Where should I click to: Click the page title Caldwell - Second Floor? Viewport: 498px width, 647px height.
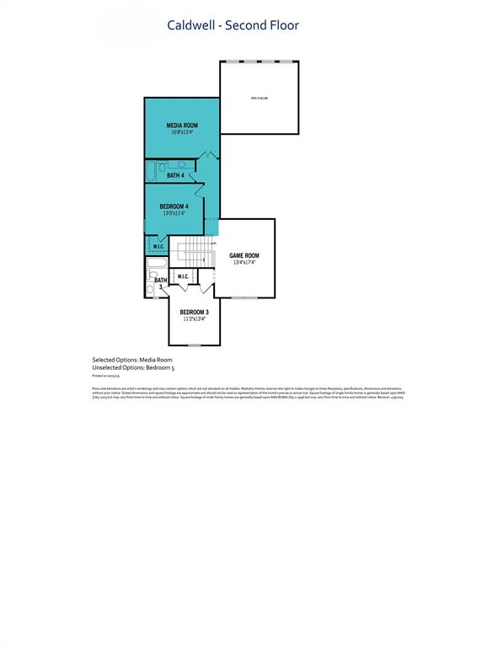tap(233, 25)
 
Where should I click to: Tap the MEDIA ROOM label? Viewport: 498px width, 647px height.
tap(181, 125)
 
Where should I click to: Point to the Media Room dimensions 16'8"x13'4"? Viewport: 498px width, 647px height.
tap(181, 132)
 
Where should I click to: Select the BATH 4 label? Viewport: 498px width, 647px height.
tap(175, 175)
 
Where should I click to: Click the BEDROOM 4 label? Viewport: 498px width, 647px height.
tap(174, 206)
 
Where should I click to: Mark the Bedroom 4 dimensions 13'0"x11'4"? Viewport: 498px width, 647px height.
tap(174, 214)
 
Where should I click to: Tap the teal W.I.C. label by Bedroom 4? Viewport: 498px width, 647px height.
tap(158, 246)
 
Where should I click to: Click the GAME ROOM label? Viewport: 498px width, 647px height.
tap(244, 255)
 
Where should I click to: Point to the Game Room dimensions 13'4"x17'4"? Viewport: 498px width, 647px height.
tap(244, 263)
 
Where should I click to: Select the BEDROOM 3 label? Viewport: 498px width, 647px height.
tap(193, 312)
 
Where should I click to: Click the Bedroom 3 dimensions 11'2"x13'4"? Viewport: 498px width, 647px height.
tap(193, 319)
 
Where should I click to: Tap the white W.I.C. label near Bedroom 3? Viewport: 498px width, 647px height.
tap(183, 275)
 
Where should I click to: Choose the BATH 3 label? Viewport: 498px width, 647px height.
tap(160, 284)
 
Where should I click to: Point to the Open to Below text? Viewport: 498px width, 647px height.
tap(259, 99)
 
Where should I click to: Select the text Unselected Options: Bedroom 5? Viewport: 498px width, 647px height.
tap(133, 367)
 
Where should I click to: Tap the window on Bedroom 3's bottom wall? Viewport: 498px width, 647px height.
tap(194, 345)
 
